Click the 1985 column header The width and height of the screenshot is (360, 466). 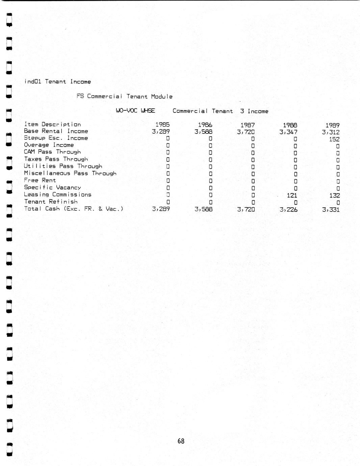click(162, 125)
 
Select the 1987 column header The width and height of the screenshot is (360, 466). click(248, 125)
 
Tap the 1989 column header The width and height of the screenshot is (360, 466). click(332, 125)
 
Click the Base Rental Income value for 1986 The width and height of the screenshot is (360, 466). click(203, 132)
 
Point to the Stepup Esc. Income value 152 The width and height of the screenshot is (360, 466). click(334, 139)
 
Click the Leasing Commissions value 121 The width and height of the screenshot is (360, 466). click(292, 196)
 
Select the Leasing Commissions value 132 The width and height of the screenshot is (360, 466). click(334, 196)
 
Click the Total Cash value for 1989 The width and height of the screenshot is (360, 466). click(331, 210)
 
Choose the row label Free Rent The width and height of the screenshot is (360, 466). click(40, 180)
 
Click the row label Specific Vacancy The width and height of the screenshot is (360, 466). click(52, 187)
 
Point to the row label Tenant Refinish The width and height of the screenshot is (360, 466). click(51, 202)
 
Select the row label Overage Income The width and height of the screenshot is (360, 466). click(49, 145)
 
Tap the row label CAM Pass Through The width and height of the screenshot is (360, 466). click(52, 152)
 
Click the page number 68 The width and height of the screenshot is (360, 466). click(181, 441)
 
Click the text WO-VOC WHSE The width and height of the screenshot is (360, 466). click(135, 110)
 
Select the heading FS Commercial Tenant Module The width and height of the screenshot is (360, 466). click(124, 96)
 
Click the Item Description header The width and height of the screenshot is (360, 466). click(52, 124)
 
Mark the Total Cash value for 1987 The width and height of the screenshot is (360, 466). click(246, 209)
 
